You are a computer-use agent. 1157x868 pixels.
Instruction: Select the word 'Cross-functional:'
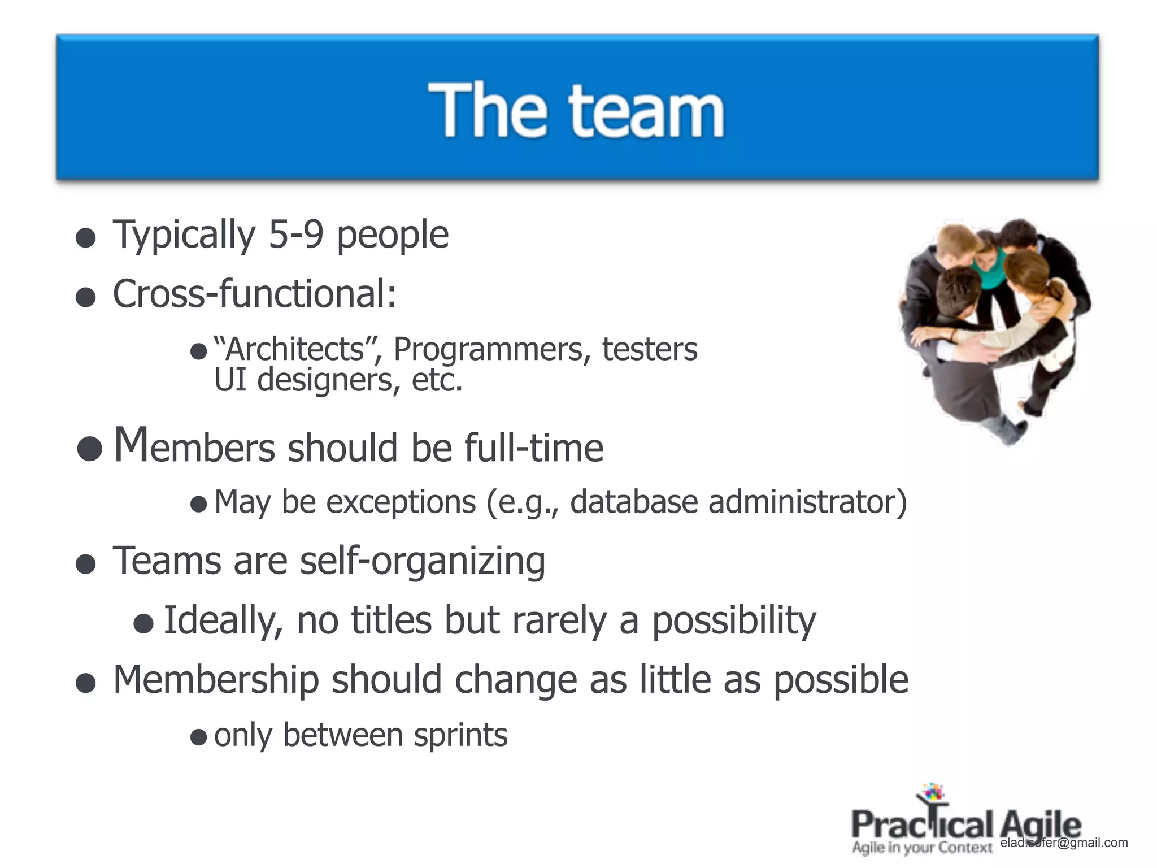pyautogui.click(x=255, y=294)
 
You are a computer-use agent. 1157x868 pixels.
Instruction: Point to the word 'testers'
pyautogui.click(x=650, y=349)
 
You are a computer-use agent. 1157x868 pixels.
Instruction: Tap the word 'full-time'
pyautogui.click(x=534, y=448)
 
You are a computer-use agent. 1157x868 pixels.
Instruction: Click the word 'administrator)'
pyautogui.click(x=808, y=502)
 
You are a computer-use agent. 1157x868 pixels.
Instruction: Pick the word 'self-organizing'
pyautogui.click(x=423, y=561)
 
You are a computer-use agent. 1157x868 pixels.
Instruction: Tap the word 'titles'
pyautogui.click(x=392, y=620)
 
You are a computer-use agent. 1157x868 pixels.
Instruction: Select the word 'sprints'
pyautogui.click(x=460, y=736)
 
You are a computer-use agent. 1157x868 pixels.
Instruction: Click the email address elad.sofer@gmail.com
pyautogui.click(x=1064, y=843)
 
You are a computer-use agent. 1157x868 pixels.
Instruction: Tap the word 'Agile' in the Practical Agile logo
pyautogui.click(x=1041, y=825)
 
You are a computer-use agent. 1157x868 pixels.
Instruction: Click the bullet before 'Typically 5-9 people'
pyautogui.click(x=85, y=238)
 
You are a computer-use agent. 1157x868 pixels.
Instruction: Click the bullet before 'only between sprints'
pyautogui.click(x=198, y=737)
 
